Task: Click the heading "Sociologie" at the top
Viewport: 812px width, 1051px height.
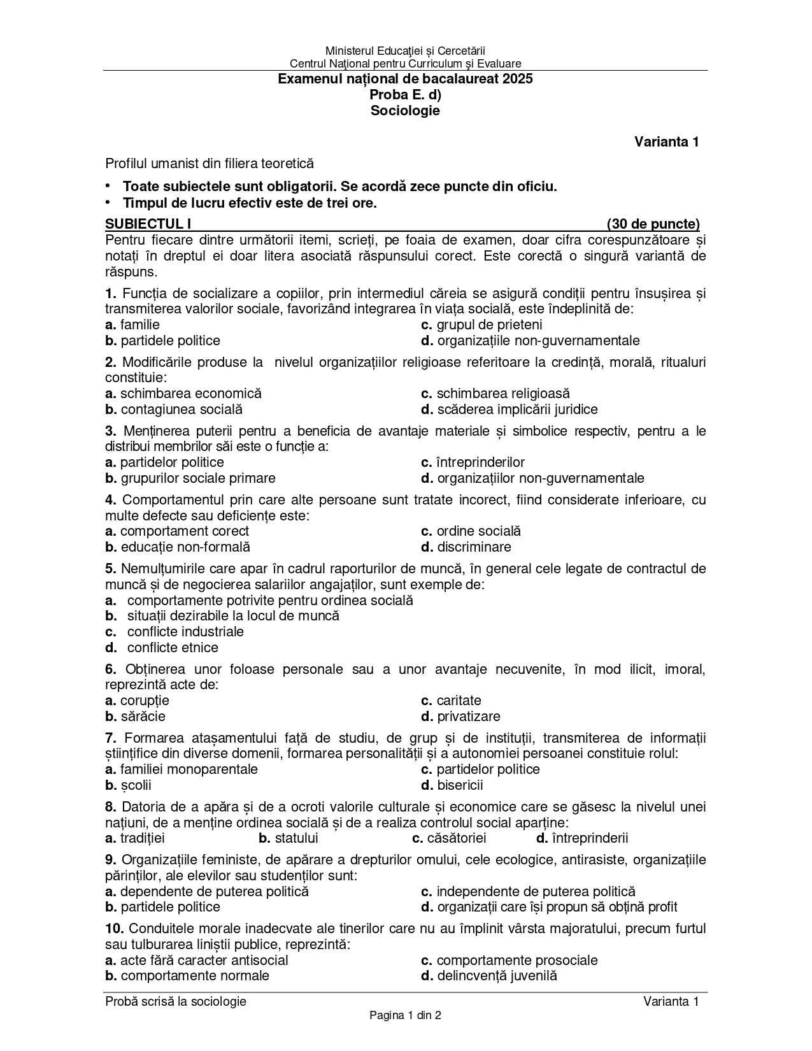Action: (405, 111)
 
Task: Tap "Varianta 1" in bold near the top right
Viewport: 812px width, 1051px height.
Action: (666, 142)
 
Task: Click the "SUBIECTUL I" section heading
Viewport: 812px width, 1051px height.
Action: (148, 224)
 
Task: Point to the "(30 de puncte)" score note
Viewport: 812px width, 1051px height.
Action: (653, 224)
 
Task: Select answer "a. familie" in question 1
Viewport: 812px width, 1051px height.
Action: (132, 325)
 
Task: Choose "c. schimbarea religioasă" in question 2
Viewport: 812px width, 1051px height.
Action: (495, 394)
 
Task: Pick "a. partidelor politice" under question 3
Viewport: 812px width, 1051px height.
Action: (164, 462)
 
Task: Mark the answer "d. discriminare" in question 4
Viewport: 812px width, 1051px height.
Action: (466, 547)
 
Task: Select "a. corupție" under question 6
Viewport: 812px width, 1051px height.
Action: (137, 701)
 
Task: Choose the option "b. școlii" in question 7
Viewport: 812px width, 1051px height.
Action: (128, 785)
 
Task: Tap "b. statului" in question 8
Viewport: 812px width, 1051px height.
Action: (288, 838)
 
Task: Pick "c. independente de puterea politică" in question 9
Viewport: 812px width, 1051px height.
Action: (528, 892)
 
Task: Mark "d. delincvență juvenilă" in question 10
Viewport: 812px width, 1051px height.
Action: (488, 976)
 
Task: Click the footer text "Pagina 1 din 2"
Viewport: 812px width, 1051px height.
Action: (405, 1015)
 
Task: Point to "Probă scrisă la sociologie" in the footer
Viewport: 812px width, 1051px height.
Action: (176, 1001)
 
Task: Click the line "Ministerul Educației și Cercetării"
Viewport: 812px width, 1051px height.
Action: (405, 50)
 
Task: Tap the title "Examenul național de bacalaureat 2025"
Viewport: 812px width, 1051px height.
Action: (405, 80)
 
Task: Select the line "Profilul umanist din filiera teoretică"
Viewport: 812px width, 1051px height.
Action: (210, 164)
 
